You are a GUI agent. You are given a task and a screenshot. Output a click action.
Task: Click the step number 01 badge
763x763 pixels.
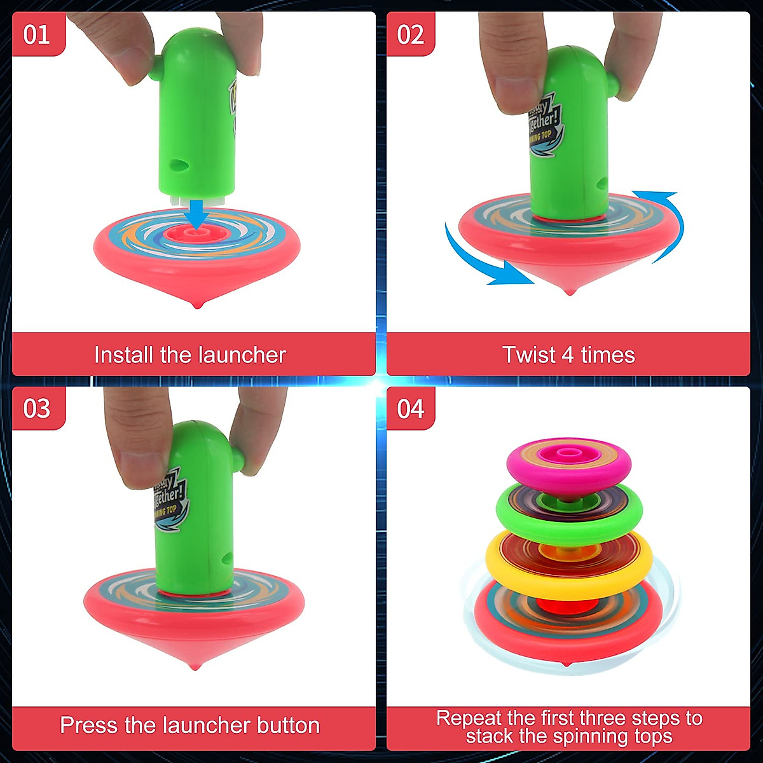[37, 34]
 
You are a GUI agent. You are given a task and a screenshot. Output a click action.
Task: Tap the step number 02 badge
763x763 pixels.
[411, 34]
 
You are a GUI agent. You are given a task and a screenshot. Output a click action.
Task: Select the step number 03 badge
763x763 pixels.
[37, 408]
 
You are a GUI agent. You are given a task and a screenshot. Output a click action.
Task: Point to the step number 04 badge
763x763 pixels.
[411, 408]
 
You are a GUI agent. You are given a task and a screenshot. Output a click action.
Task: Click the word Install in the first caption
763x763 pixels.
[125, 355]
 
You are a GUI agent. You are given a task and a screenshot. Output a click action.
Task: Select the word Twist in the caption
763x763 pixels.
[529, 355]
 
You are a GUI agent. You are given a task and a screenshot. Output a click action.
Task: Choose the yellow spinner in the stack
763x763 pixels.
[569, 560]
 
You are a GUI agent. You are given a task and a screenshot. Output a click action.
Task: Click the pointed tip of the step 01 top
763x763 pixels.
[197, 305]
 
